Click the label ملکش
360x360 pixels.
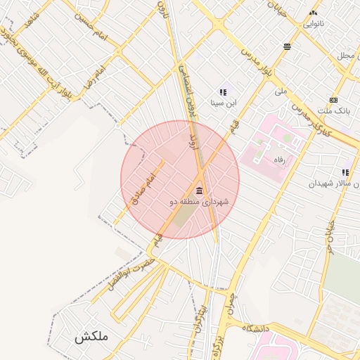[91, 337]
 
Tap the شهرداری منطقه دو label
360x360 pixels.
[199, 202]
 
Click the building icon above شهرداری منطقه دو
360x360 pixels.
[200, 191]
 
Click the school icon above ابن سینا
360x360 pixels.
[223, 92]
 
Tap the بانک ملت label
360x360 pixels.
[333, 111]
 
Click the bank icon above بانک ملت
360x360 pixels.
[333, 100]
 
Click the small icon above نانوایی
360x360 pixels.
[313, 13]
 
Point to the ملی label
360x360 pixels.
[281, 91]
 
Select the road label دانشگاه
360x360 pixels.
[257, 328]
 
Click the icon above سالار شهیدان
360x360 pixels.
[345, 172]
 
